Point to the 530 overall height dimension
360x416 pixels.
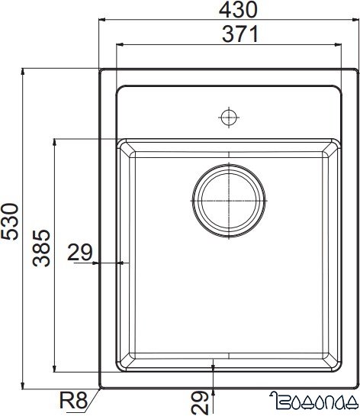[10, 221]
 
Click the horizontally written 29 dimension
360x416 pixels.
[80, 252]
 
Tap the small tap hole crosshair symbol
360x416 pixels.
[227, 118]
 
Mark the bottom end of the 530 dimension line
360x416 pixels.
[24, 387]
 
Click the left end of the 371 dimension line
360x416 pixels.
[116, 45]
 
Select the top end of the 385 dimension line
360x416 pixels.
[54, 140]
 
